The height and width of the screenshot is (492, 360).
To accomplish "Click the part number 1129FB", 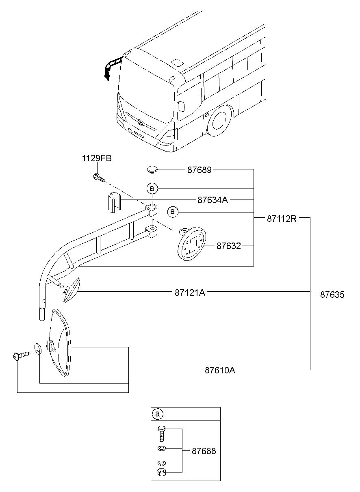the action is [x=97, y=158].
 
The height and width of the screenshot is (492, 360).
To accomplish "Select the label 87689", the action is [x=199, y=170].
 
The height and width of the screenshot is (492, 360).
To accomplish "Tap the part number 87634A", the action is [x=213, y=200].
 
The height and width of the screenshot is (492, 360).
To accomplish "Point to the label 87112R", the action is [x=282, y=219].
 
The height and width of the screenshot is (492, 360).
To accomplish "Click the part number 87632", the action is [x=229, y=246].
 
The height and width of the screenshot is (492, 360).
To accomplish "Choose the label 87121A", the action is [x=190, y=293].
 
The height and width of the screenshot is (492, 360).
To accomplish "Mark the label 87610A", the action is [x=220, y=370].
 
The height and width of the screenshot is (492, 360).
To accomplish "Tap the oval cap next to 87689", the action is [x=152, y=170].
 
